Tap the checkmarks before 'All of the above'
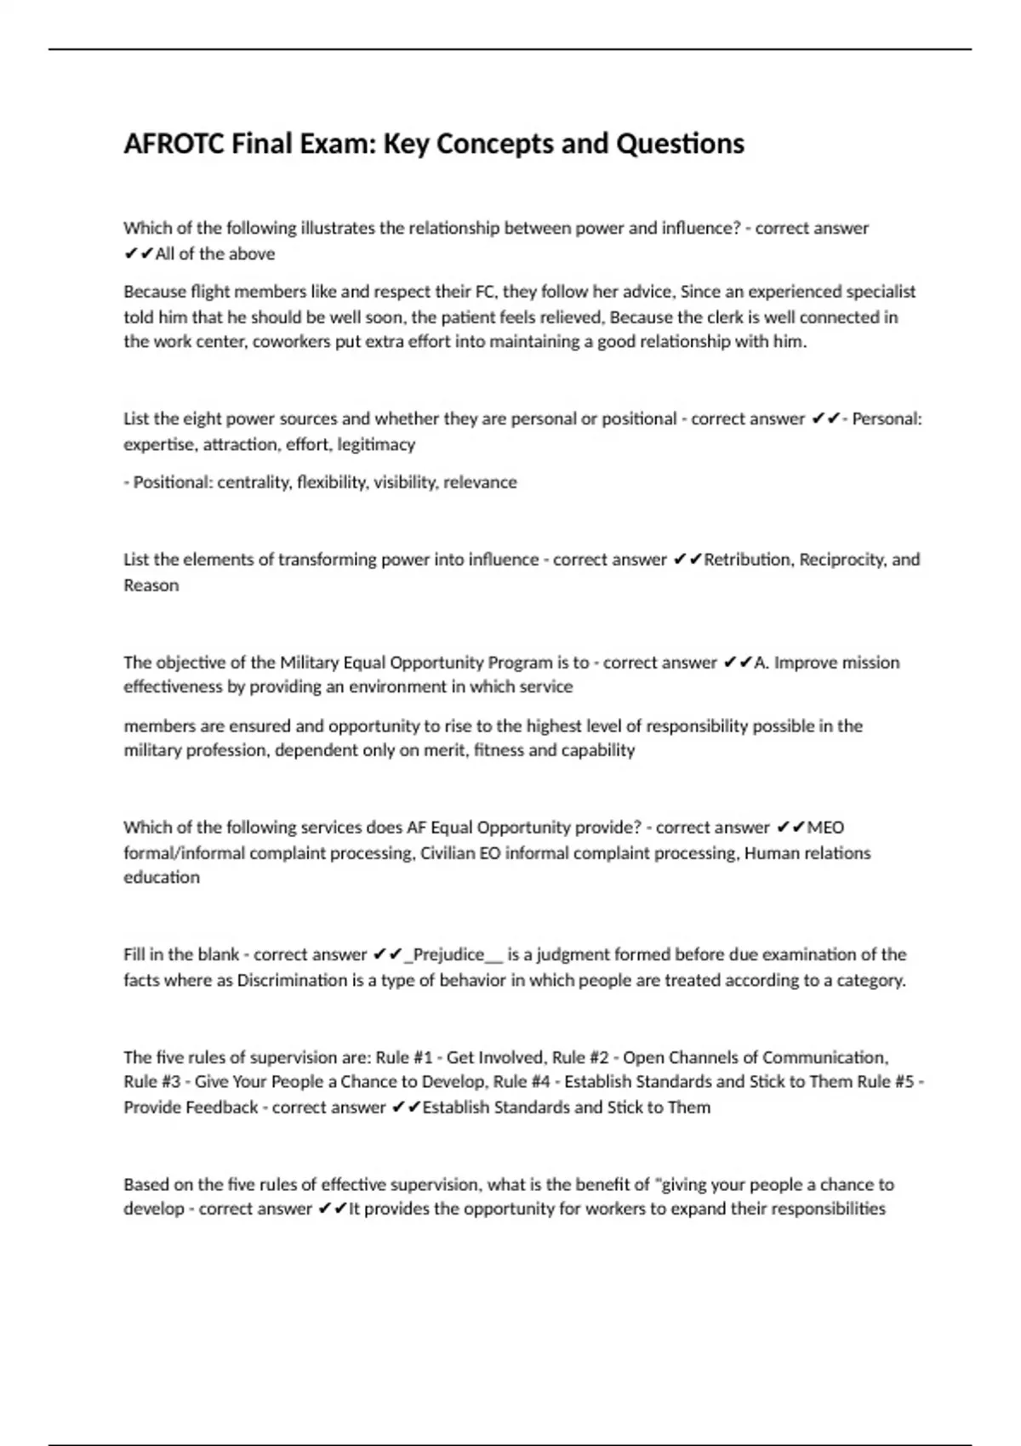tap(139, 253)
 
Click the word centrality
tap(254, 482)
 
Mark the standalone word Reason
tap(151, 585)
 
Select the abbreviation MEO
tap(825, 828)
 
